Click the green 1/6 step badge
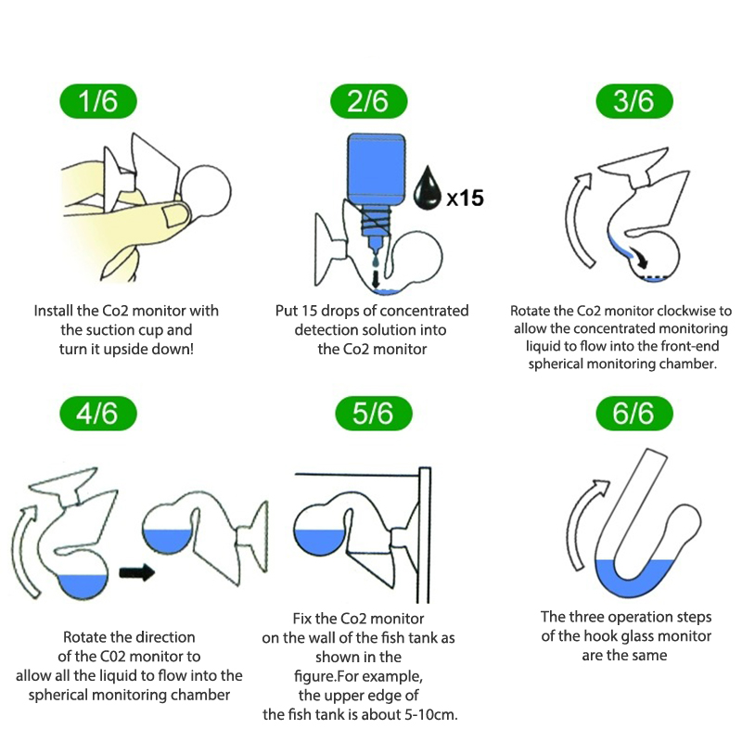(98, 101)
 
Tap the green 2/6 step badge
(368, 101)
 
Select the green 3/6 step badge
(634, 101)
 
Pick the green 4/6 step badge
(98, 413)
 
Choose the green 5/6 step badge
(374, 413)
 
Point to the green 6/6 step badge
(634, 413)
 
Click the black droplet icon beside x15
(428, 188)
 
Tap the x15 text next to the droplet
(466, 198)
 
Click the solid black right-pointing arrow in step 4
(137, 572)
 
